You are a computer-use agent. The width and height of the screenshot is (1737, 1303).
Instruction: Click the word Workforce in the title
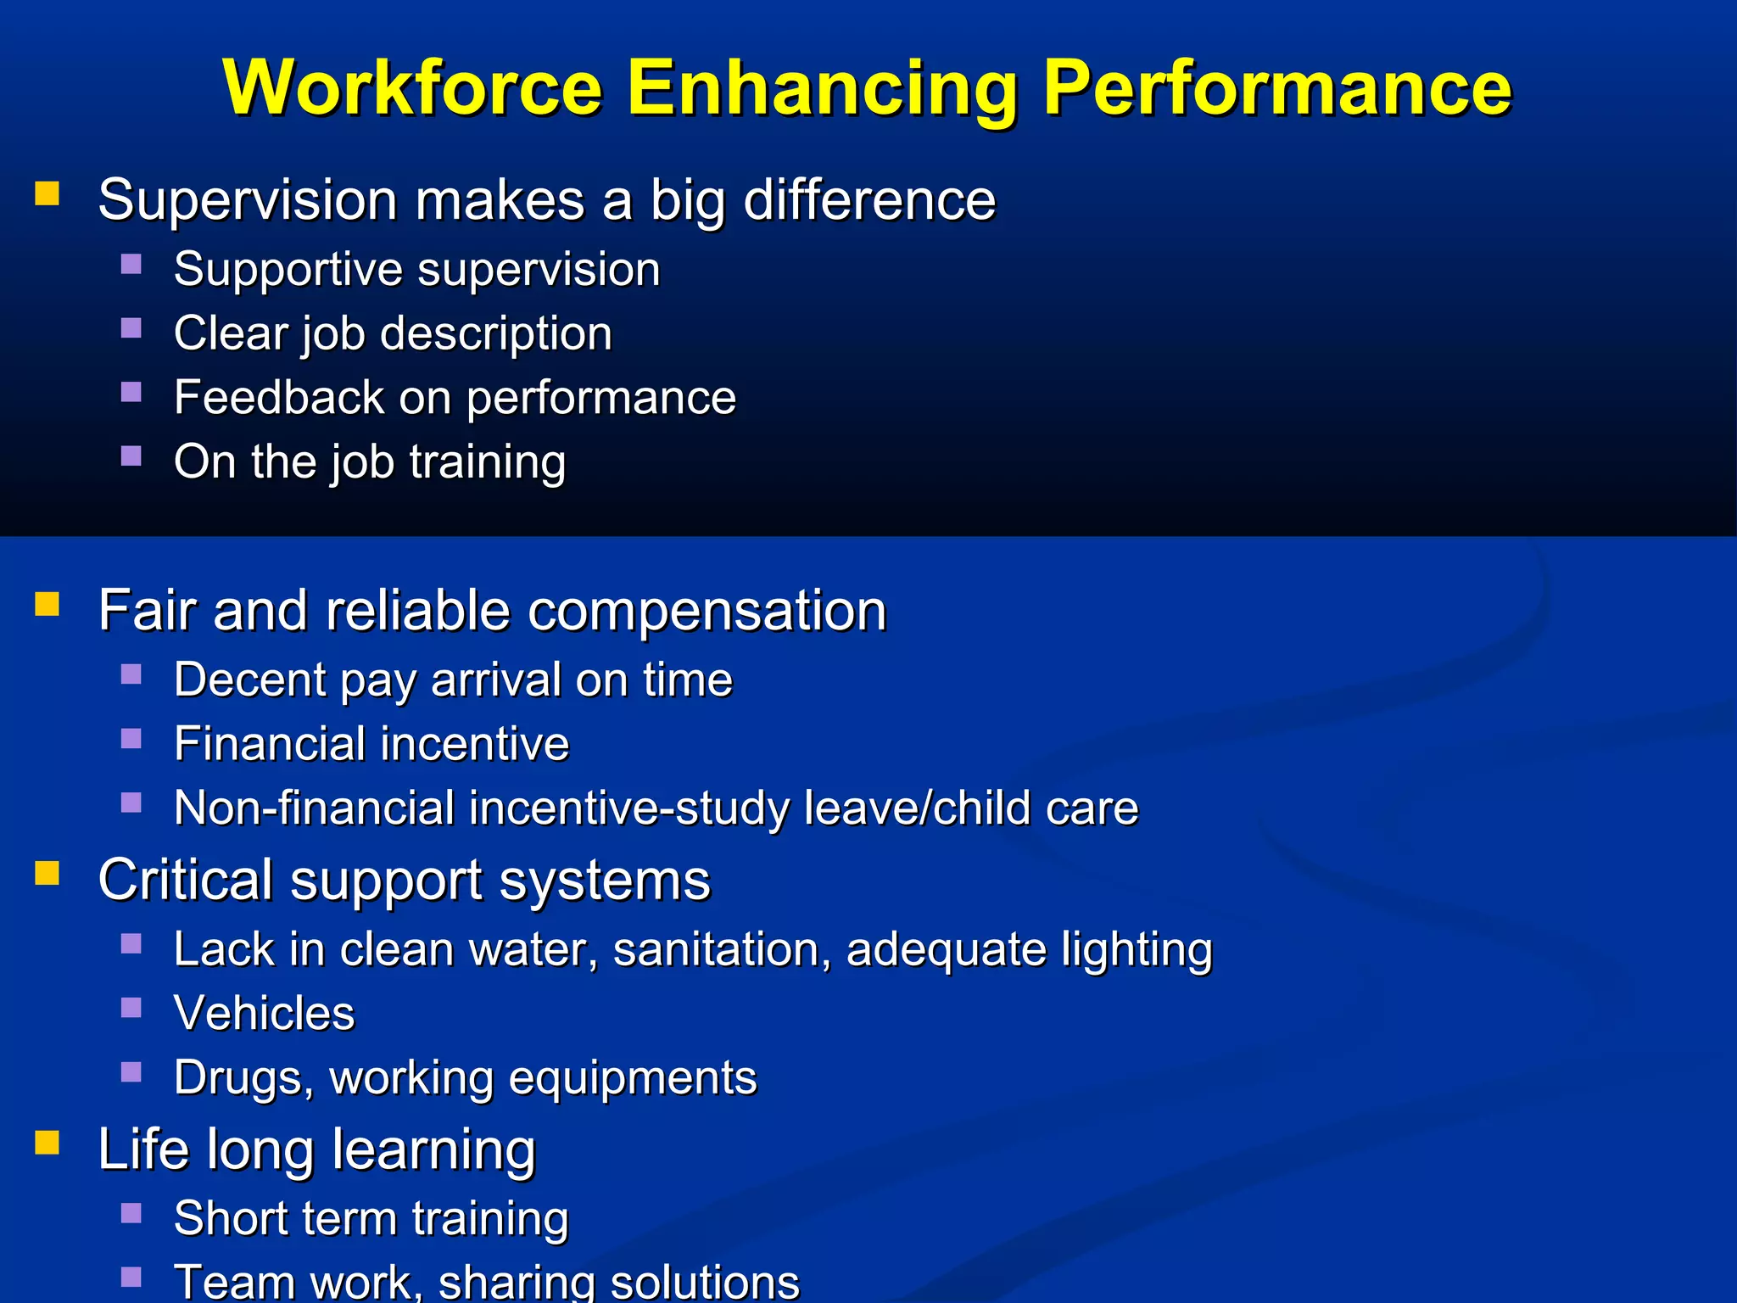413,88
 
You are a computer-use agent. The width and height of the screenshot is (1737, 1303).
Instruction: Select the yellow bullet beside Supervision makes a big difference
47,193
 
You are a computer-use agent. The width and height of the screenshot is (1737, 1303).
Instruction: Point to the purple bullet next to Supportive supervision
131,264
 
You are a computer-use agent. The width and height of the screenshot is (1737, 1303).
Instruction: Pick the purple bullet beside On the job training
131,456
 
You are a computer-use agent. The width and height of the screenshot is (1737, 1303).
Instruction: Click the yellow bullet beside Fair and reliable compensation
47,604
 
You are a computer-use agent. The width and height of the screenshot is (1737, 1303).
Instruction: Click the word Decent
250,679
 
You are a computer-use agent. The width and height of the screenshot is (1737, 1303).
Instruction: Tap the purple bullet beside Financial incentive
131,738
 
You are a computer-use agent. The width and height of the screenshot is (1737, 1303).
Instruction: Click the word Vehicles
265,1013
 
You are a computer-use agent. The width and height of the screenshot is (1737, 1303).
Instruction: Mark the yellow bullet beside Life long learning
47,1143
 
